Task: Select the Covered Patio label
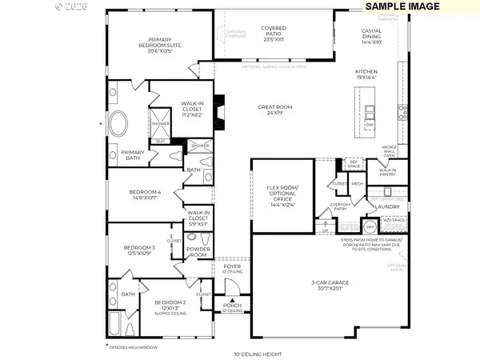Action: tap(274, 32)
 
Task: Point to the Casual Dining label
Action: tap(372, 35)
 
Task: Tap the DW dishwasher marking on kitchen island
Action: tap(370, 125)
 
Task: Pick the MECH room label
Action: tap(358, 182)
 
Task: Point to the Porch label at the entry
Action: tap(232, 306)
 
